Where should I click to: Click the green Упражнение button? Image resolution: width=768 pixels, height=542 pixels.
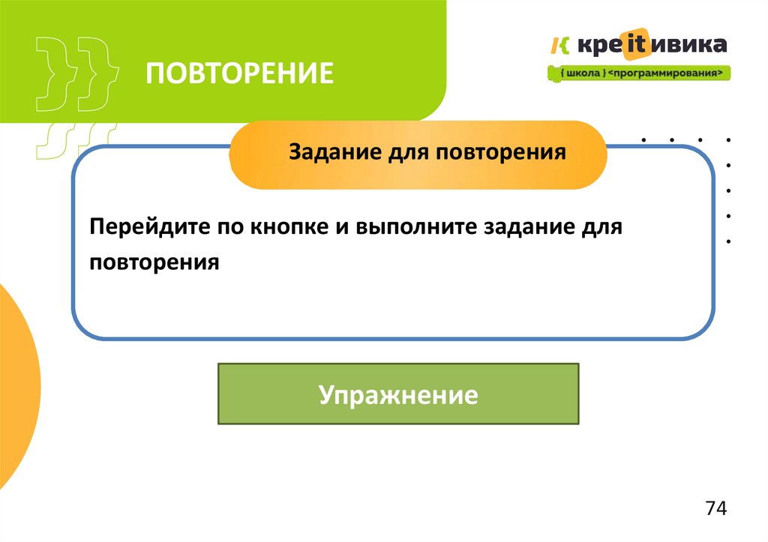[398, 394]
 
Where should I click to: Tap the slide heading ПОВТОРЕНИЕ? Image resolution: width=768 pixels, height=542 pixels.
[239, 74]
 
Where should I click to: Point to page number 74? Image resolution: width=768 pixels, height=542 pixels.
[715, 508]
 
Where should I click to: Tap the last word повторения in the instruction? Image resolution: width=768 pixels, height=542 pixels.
[153, 262]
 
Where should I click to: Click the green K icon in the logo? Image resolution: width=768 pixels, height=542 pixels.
[559, 45]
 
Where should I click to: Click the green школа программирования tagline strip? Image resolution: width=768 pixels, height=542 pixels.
[638, 73]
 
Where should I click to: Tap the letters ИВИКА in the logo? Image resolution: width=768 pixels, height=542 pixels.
[687, 45]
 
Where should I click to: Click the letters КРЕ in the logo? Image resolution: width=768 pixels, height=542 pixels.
[595, 45]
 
